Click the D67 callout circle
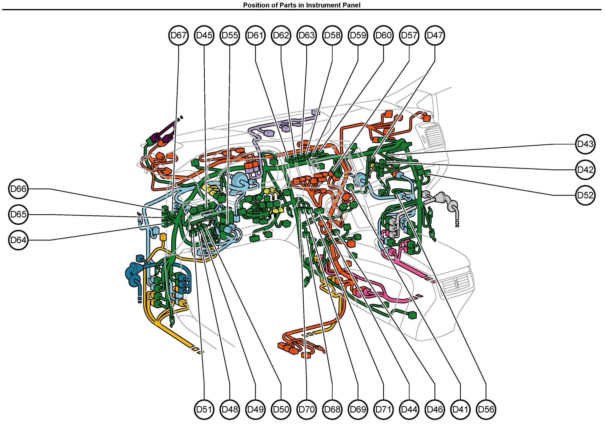pos(179,35)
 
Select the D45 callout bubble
pos(204,35)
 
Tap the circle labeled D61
pos(255,35)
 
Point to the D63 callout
pos(307,35)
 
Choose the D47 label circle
pos(435,35)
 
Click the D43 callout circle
pos(585,144)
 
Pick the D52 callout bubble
pos(585,195)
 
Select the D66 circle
pos(18,189)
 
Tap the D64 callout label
pos(18,240)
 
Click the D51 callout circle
pos(204,409)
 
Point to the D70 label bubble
pos(307,409)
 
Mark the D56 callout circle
pos(486,409)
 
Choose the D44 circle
pos(409,409)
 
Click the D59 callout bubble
pos(358,35)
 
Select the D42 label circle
pos(585,170)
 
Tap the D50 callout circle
pos(281,409)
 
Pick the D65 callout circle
pos(18,214)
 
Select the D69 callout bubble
pos(358,409)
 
